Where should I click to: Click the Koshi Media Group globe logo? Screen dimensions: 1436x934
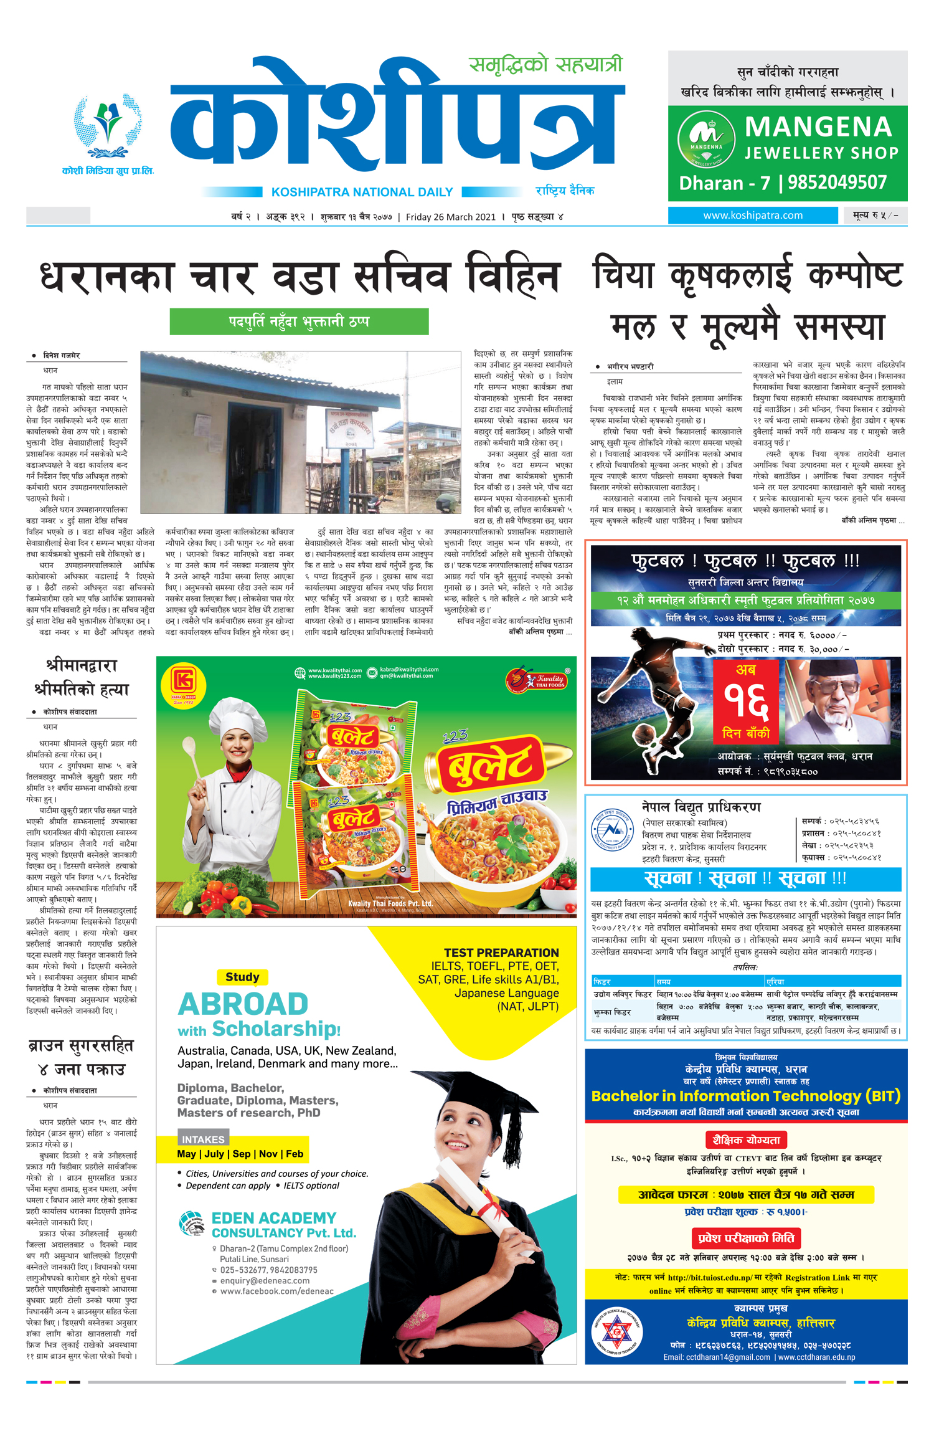108,127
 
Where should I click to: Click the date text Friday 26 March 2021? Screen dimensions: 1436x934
451,217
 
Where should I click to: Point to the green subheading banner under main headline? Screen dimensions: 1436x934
299,321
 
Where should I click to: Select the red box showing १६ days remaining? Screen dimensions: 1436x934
745,701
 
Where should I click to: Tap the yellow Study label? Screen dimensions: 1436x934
242,977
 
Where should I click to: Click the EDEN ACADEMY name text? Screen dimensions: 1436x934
273,1218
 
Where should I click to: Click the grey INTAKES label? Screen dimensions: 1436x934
203,1139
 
